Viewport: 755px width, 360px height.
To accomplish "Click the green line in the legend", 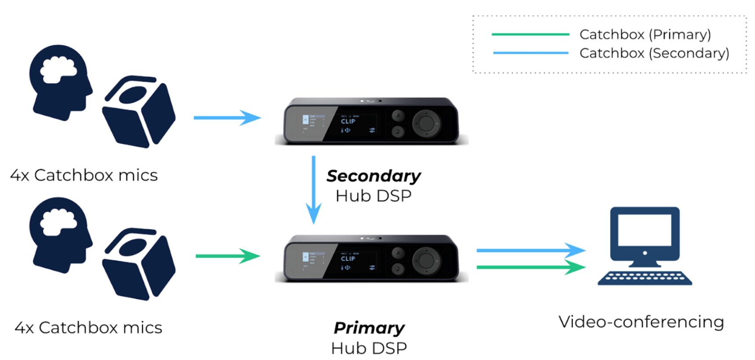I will tap(530, 34).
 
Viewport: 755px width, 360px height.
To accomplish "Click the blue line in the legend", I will tap(530, 53).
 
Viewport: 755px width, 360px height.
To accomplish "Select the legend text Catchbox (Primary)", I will tap(645, 34).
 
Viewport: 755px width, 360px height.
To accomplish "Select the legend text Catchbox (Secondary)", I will tap(654, 53).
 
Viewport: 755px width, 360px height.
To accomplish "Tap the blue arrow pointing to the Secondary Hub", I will tap(227, 118).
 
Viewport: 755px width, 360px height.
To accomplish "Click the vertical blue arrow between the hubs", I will tap(313, 189).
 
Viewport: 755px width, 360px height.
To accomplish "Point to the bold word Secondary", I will tap(374, 176).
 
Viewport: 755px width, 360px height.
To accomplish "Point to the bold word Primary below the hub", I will tap(369, 328).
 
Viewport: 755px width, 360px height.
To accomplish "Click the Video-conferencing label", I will tap(641, 322).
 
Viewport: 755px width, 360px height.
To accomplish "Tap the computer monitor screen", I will tap(645, 230).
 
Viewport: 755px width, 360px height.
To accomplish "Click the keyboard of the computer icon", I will tap(645, 278).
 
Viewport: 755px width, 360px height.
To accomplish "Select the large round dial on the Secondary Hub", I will tap(426, 123).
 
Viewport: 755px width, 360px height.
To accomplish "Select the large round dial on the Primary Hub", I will tap(426, 261).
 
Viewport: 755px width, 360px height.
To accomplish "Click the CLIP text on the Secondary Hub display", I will tap(348, 121).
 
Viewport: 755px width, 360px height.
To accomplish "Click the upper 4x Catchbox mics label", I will tap(84, 175).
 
